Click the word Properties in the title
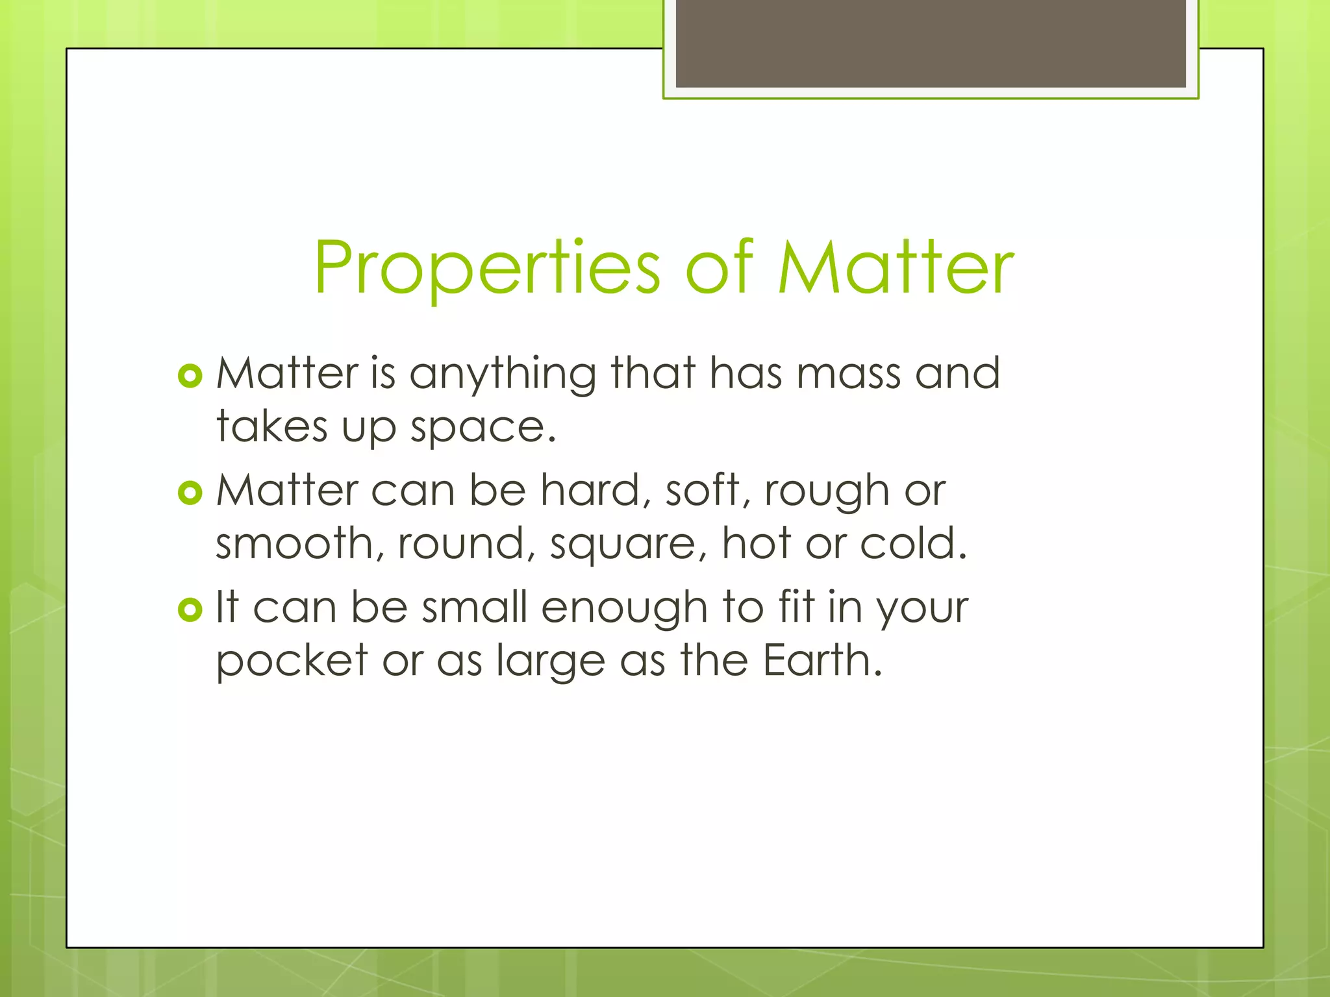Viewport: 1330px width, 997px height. [x=487, y=268]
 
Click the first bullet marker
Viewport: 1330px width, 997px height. [x=190, y=376]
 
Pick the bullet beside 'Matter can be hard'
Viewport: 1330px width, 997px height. [x=190, y=493]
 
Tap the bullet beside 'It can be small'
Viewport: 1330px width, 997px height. [x=190, y=609]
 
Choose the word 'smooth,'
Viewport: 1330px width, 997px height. [x=299, y=544]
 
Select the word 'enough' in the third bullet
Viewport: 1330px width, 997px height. [x=623, y=609]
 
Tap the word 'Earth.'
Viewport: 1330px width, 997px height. [x=822, y=661]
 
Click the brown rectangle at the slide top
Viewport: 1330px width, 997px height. [x=931, y=43]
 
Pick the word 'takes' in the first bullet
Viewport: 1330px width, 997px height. [x=272, y=427]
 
